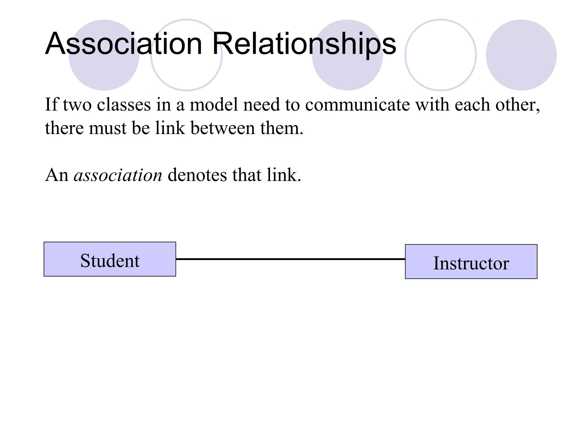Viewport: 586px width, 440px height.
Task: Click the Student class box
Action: pyautogui.click(x=110, y=259)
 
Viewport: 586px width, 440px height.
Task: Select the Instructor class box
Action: pyautogui.click(x=471, y=262)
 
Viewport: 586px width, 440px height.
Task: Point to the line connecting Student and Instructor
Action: pyautogui.click(x=290, y=259)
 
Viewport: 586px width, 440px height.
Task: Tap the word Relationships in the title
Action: pyautogui.click(x=304, y=44)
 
